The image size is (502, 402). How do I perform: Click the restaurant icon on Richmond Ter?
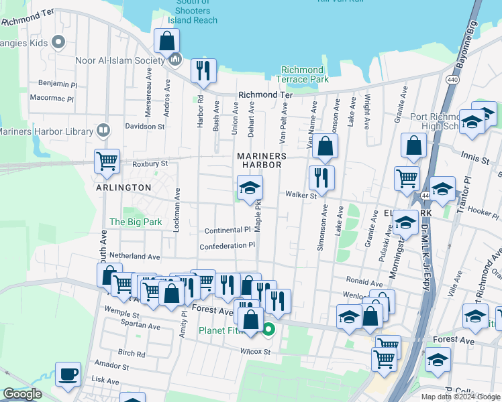203,70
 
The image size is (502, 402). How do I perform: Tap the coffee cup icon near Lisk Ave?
68,374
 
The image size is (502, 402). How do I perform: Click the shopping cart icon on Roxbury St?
107,161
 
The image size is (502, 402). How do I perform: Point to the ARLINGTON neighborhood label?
123,188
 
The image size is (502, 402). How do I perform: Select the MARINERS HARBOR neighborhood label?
262,161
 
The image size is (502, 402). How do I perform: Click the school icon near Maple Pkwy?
250,189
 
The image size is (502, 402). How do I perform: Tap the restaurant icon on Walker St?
321,178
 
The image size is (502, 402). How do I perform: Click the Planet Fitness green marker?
268,329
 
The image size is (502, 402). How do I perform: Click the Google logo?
22,394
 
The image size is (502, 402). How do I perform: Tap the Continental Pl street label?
228,229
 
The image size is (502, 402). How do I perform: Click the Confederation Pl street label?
228,246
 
